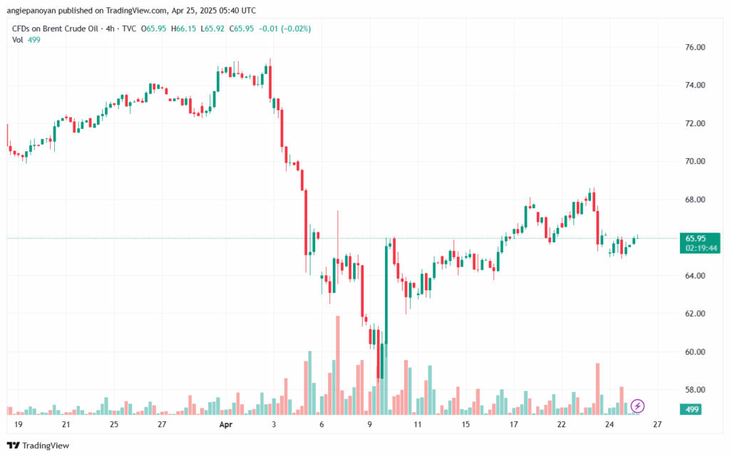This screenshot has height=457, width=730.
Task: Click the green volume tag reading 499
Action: tap(691, 409)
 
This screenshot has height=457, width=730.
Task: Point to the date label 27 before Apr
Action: tap(162, 424)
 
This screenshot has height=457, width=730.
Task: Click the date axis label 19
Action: tap(18, 424)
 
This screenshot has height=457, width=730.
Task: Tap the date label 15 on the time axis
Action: tap(466, 424)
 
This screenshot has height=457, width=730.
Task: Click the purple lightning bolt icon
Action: tap(638, 406)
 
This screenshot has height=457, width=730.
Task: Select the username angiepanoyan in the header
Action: tap(36, 11)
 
